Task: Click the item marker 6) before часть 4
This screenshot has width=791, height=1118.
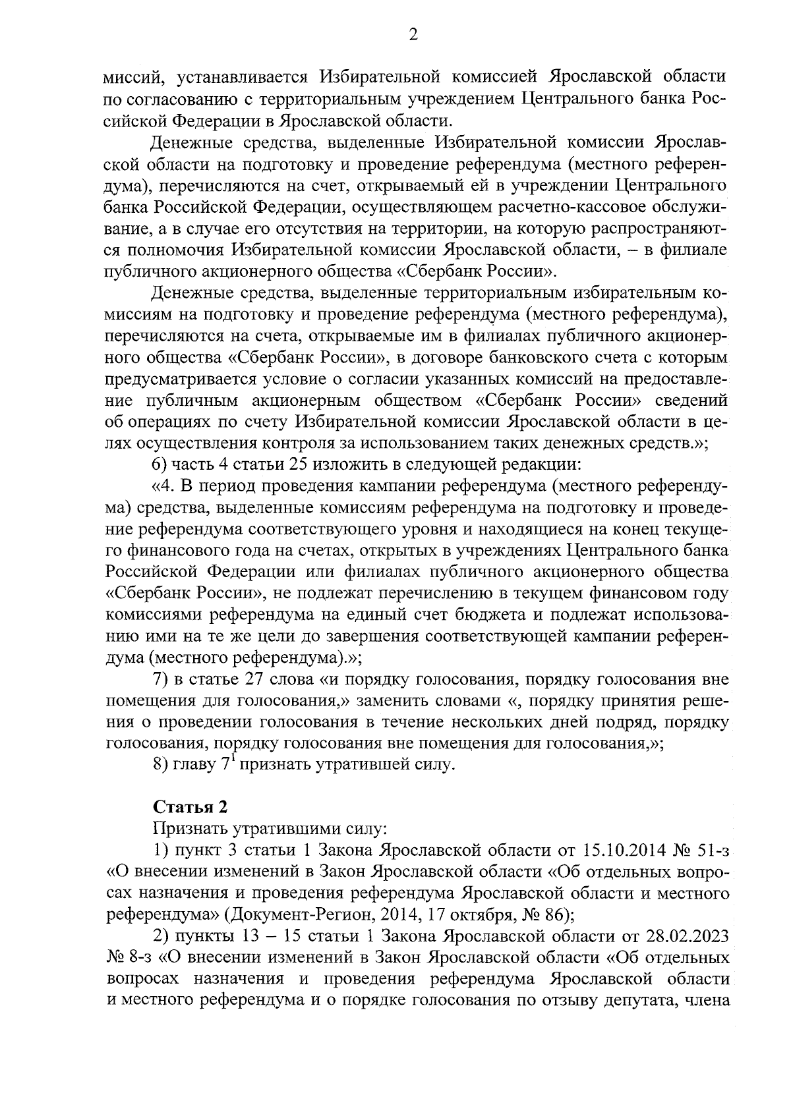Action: pos(160,464)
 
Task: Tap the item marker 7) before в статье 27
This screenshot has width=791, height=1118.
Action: pos(160,679)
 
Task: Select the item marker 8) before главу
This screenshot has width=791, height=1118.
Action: pos(160,766)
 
